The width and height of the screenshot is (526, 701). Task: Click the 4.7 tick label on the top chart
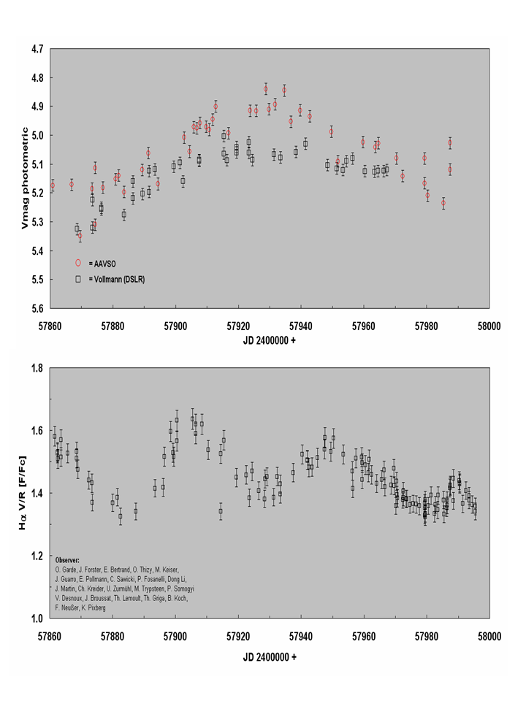pyautogui.click(x=36, y=49)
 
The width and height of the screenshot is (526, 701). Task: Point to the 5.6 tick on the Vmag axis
pyautogui.click(x=36, y=308)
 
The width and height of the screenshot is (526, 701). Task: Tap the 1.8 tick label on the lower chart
pyautogui.click(x=36, y=368)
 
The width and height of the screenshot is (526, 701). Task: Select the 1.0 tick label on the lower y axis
pyautogui.click(x=36, y=619)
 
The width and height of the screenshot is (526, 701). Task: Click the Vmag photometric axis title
pyautogui.click(x=24, y=178)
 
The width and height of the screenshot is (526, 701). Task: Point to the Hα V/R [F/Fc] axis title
pyautogui.click(x=24, y=494)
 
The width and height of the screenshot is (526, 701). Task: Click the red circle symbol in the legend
pyautogui.click(x=77, y=263)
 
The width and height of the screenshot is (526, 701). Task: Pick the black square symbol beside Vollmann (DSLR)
pyautogui.click(x=77, y=278)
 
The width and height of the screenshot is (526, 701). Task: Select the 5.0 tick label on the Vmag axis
pyautogui.click(x=36, y=135)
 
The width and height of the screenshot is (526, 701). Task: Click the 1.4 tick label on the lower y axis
pyautogui.click(x=36, y=494)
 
